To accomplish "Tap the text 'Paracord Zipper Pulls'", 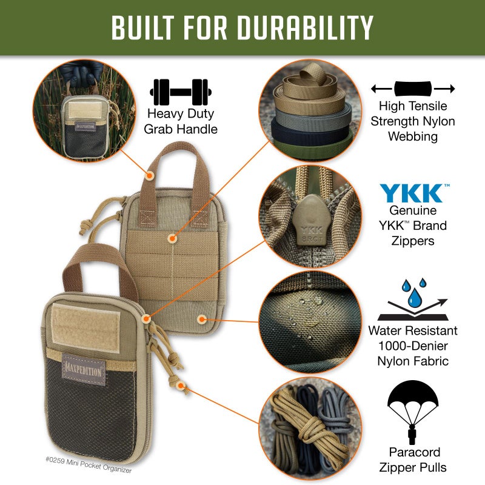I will [x=413, y=460].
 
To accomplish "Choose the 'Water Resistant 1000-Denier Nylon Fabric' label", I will [x=413, y=346].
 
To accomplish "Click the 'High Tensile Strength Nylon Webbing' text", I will [x=413, y=121].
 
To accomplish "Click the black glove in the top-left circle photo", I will [x=79, y=72].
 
